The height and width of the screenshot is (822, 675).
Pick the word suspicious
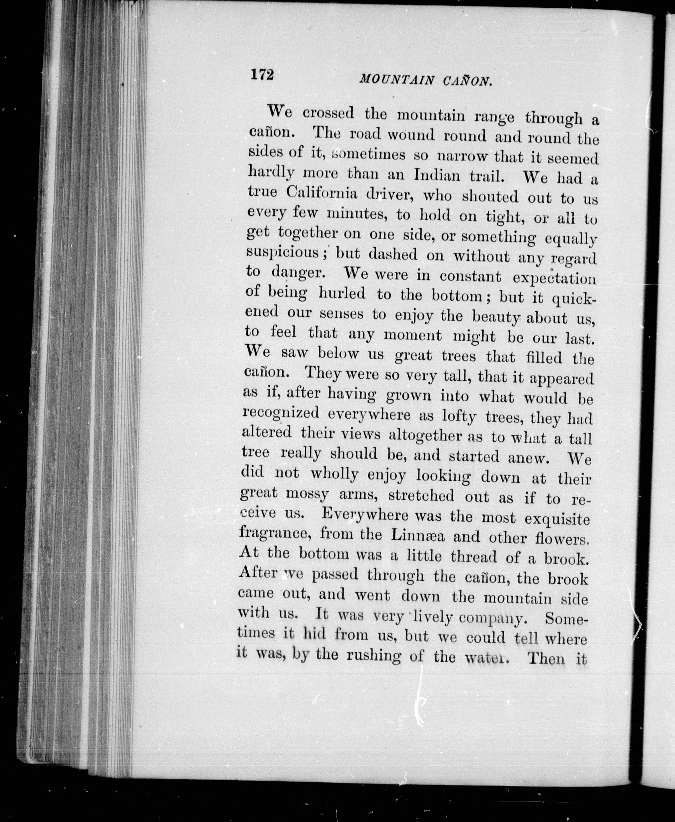tap(283, 253)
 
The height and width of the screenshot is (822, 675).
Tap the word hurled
tap(342, 294)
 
